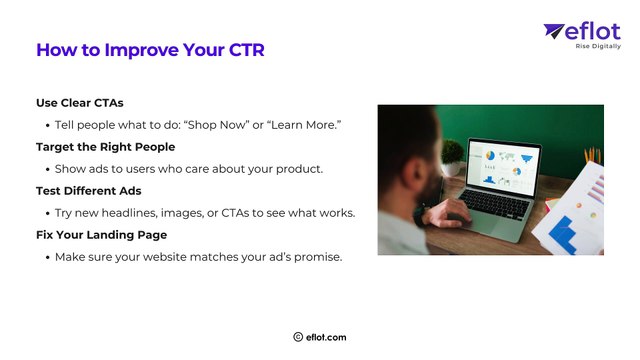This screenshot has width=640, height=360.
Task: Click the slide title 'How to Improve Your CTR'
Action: (x=150, y=50)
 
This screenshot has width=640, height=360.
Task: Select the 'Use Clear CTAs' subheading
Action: (x=80, y=102)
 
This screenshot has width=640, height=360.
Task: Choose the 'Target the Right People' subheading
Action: (x=105, y=146)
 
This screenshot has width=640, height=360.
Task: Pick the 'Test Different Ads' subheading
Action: (x=90, y=190)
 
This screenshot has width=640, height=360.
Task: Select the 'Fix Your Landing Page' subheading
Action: (x=102, y=234)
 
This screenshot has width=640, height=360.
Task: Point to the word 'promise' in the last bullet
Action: (x=314, y=256)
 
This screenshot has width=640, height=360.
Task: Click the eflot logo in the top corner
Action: (x=582, y=32)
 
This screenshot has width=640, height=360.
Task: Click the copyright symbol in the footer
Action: (x=298, y=337)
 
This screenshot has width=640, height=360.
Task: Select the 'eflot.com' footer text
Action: (x=327, y=337)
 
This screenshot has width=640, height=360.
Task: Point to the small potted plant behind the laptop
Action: (x=452, y=155)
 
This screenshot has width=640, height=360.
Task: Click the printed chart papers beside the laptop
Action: (x=575, y=205)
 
